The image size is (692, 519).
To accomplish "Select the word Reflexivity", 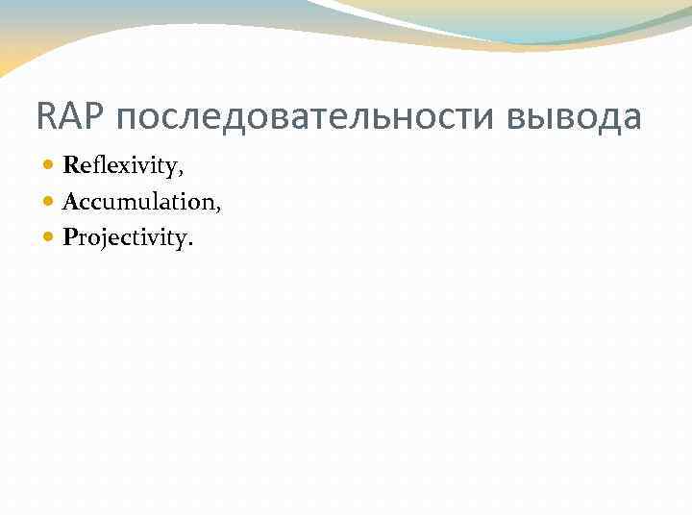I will (121, 166).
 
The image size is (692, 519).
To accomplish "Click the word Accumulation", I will (138, 202).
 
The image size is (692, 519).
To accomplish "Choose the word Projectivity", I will (125, 237).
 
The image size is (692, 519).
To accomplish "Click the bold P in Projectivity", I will (69, 236).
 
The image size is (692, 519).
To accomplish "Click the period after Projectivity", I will (190, 244).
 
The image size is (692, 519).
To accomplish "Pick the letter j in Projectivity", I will (102, 239).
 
